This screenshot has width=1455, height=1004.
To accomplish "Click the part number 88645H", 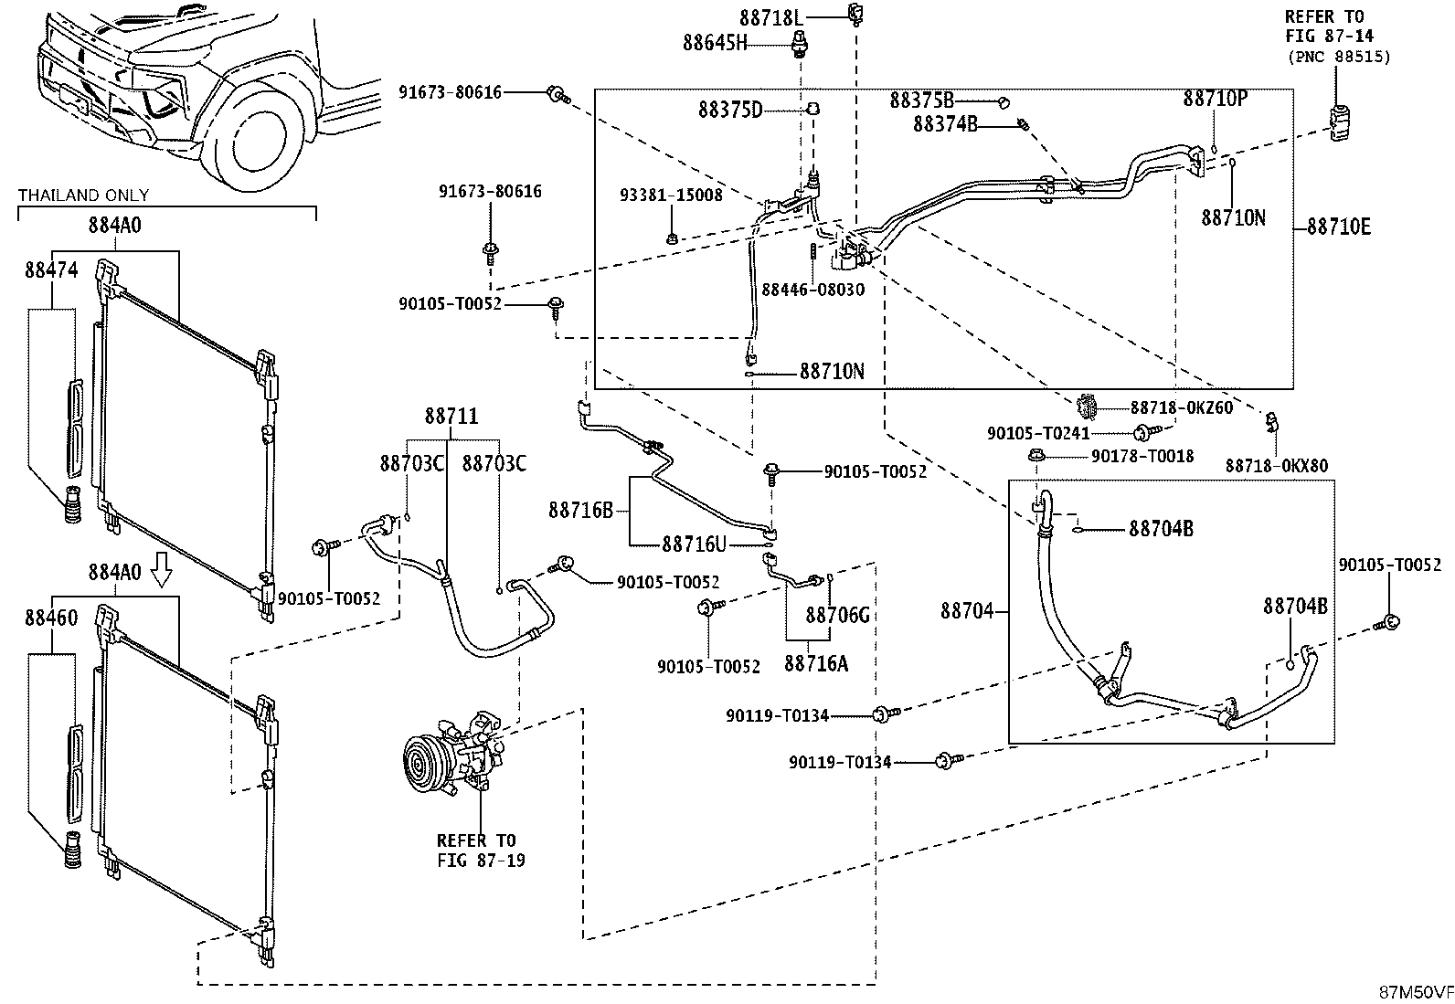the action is pyautogui.click(x=715, y=43).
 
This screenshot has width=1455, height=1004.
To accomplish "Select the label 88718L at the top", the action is pyautogui.click(x=771, y=17).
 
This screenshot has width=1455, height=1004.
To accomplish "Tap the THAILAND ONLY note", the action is pyautogui.click(x=83, y=195).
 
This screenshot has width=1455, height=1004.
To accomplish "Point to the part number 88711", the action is pyautogui.click(x=451, y=416).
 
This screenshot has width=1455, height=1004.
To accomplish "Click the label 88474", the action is pyautogui.click(x=51, y=269).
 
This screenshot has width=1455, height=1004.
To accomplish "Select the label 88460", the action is pyautogui.click(x=51, y=617).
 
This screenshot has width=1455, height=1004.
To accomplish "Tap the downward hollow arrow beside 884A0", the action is pyautogui.click(x=161, y=569).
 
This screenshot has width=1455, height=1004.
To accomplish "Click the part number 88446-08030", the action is pyautogui.click(x=813, y=290).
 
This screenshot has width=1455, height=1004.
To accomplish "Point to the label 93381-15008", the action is pyautogui.click(x=671, y=195).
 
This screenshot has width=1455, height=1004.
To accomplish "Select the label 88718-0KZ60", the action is pyautogui.click(x=1182, y=407).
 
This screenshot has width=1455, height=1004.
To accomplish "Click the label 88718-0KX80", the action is pyautogui.click(x=1277, y=466).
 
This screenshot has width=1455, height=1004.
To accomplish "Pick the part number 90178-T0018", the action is pyautogui.click(x=1142, y=457).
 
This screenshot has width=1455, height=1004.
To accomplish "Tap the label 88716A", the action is pyautogui.click(x=816, y=663).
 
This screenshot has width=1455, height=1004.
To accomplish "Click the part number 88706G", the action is pyautogui.click(x=838, y=614).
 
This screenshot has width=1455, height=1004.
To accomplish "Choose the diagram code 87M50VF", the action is pyautogui.click(x=1416, y=992).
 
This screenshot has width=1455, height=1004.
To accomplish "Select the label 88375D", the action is pyautogui.click(x=731, y=110).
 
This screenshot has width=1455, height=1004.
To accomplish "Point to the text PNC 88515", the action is pyautogui.click(x=1339, y=57).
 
